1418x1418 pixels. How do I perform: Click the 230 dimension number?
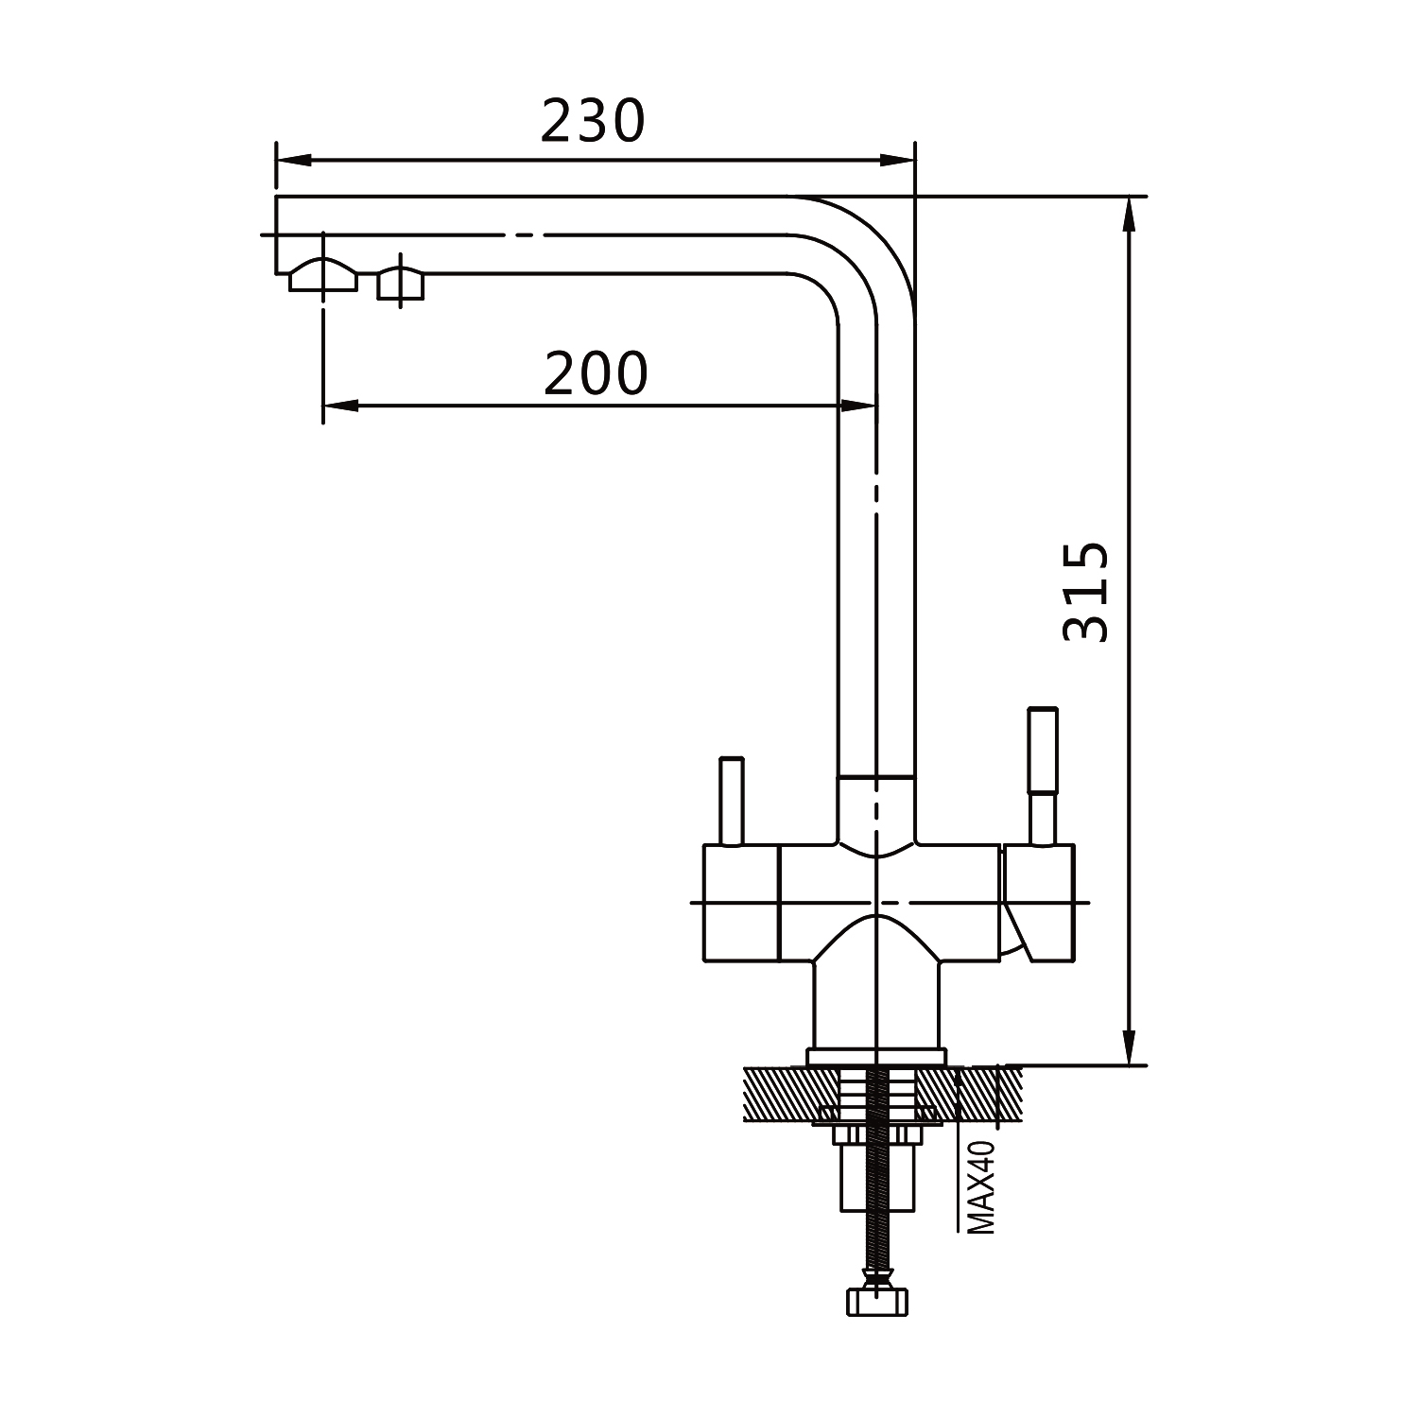point(593,121)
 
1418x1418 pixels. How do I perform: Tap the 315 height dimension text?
point(1085,592)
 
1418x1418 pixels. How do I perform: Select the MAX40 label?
point(982,1186)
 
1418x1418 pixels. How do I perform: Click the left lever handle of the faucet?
point(732,801)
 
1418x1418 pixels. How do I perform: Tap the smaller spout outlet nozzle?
point(401,284)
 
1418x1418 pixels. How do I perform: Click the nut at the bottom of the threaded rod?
point(878,1300)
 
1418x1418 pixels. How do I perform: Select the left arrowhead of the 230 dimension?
point(293,160)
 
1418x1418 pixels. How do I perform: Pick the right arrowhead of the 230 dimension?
point(897,160)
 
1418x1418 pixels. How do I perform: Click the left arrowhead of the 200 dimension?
point(341,406)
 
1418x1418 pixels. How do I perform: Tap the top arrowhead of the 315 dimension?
point(1127,215)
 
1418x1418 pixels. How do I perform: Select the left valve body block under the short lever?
point(740,903)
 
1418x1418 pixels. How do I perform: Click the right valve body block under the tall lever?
point(1038,903)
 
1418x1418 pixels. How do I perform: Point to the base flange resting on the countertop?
point(876,1057)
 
